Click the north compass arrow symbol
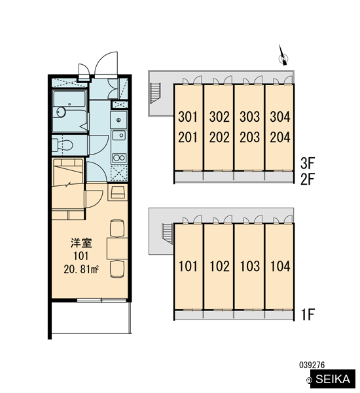coord(283,56)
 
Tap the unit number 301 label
coord(188,117)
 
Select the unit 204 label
coord(280,138)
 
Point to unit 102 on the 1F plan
coord(219,266)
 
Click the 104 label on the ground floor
coord(280,266)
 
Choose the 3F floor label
coord(308,163)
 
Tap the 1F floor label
coord(308,315)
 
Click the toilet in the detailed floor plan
coord(63,145)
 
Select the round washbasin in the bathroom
coord(61,112)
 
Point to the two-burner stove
coord(119,158)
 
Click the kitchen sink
coord(118,136)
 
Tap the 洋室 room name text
coord(81,243)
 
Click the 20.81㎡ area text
coord(81,269)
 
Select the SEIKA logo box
coord(333,379)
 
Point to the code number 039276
coord(312,365)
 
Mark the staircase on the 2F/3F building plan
coord(155,94)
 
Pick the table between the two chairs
coord(117,248)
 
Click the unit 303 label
coord(249,117)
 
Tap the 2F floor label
coord(308,179)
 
